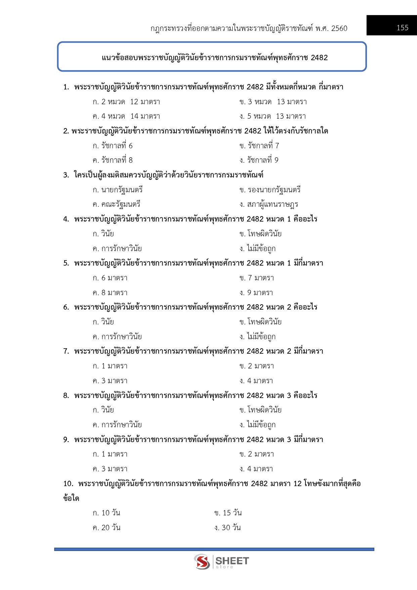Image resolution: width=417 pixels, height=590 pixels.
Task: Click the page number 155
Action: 402,28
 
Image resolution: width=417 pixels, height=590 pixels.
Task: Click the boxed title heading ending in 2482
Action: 214,57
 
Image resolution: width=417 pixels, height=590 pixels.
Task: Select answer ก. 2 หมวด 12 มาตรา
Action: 126,102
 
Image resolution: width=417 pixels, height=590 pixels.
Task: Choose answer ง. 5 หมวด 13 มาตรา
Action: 273,116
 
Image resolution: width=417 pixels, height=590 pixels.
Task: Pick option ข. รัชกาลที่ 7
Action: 259,146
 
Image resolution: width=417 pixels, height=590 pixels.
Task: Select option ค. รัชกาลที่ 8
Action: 113,160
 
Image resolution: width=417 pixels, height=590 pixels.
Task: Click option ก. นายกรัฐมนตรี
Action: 118,190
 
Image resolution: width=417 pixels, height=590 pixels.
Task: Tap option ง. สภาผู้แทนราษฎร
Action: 269,204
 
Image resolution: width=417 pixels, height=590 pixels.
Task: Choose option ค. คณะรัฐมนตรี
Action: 116,204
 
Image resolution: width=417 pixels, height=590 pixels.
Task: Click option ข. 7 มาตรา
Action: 257,278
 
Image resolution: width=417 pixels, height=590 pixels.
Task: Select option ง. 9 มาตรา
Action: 256,293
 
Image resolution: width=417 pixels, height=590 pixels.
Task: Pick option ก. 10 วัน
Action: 107,513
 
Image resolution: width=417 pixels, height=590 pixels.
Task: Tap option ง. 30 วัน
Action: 227,528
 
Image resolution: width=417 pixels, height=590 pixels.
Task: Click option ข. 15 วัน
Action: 228,513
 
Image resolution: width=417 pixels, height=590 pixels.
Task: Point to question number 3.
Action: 66,175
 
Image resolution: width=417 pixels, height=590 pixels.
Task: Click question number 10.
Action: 68,484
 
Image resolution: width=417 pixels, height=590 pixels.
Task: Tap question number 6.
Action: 66,307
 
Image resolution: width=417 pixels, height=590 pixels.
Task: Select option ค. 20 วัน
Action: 107,528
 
